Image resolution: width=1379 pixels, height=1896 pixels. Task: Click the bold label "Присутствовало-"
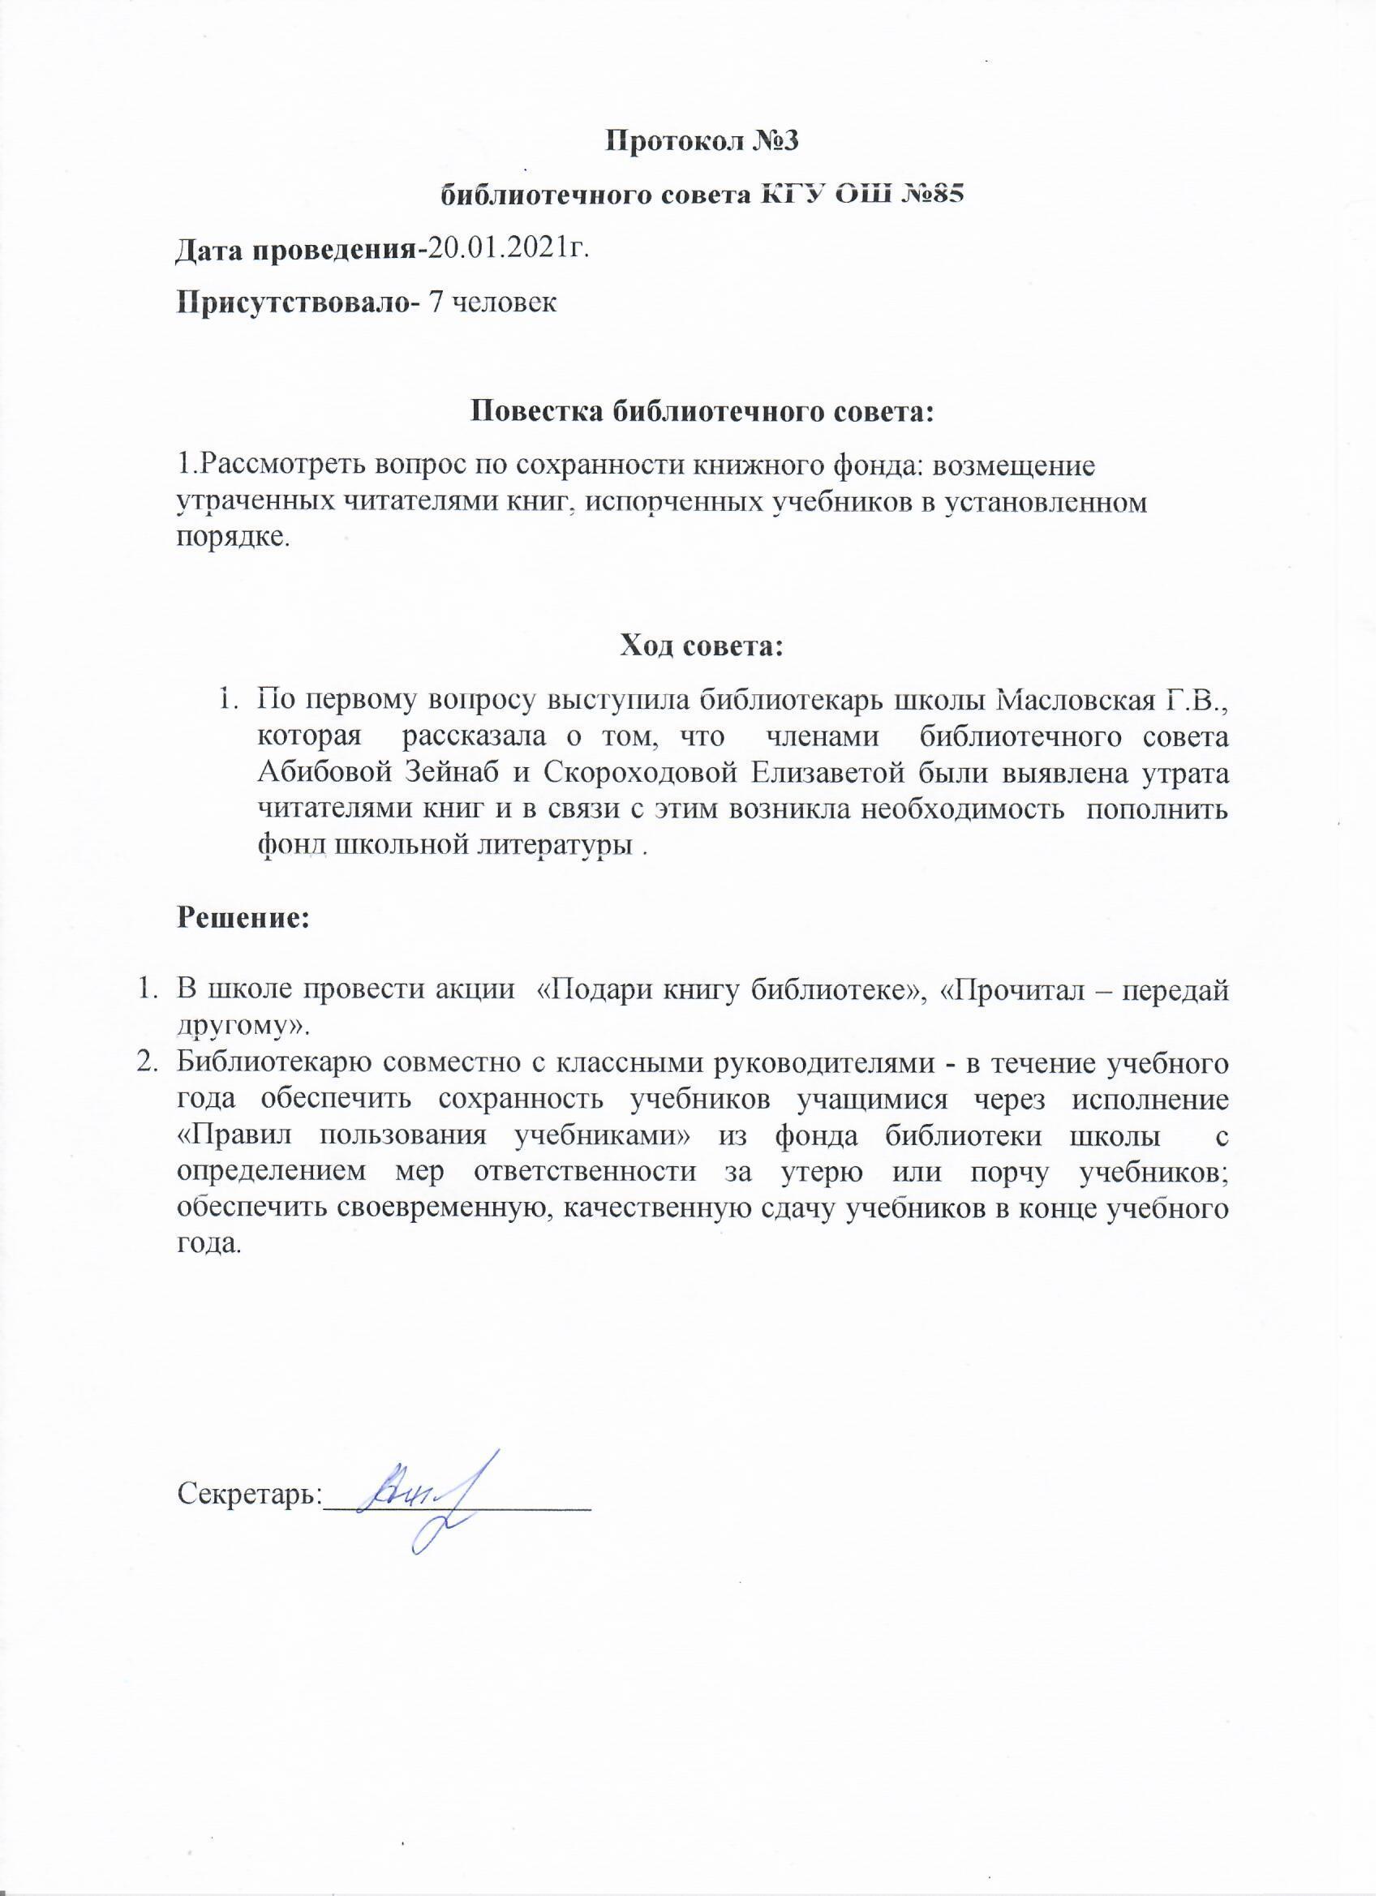pyautogui.click(x=297, y=302)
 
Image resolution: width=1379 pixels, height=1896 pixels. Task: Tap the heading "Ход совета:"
pyautogui.click(x=701, y=646)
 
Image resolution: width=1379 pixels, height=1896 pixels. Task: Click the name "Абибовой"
pyautogui.click(x=319, y=773)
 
